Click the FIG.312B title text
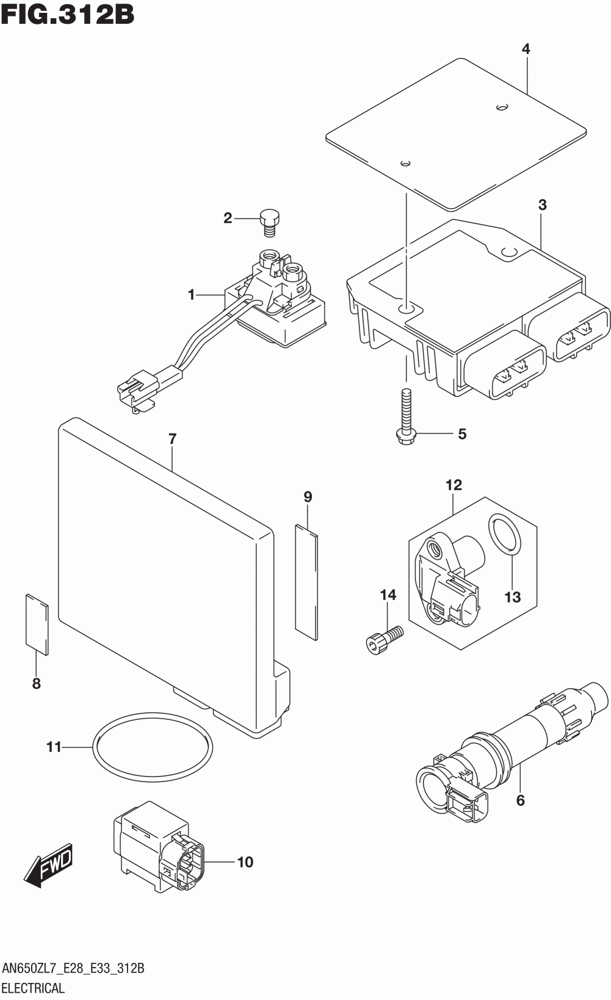tap(67, 15)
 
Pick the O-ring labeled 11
tap(153, 746)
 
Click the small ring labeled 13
tap(505, 535)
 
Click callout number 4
tap(526, 49)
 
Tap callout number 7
tap(172, 438)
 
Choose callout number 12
tap(454, 485)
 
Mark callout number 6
tap(520, 800)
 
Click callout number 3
tap(542, 205)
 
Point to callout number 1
tap(192, 295)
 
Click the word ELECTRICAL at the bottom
tap(33, 988)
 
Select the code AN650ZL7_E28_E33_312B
tap(73, 968)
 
